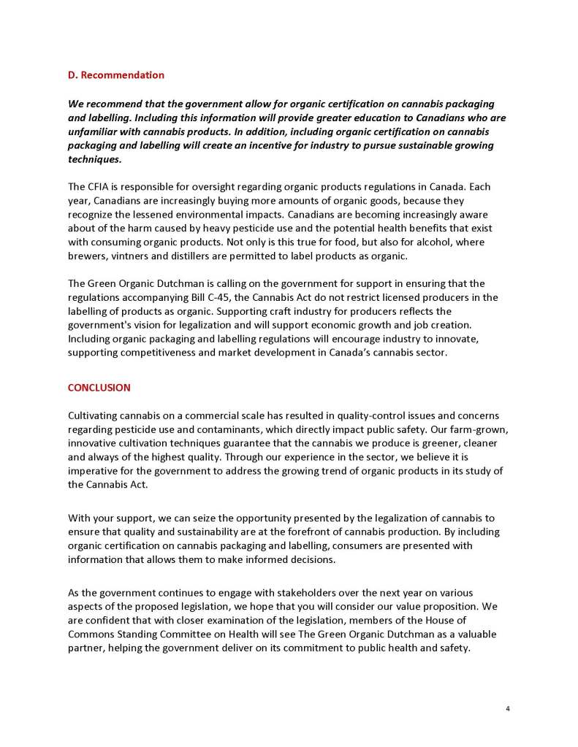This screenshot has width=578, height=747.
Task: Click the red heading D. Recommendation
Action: [115, 75]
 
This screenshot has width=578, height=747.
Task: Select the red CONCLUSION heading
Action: [99, 388]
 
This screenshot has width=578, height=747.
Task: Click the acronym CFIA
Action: [100, 186]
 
